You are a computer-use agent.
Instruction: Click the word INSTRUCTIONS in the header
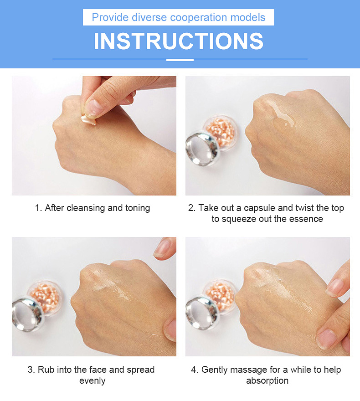tap(179, 41)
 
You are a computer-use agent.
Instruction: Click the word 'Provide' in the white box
tap(110, 17)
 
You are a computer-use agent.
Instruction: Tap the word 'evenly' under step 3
tap(93, 381)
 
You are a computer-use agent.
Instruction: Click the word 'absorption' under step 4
tap(267, 381)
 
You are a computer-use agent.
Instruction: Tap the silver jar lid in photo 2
tap(202, 149)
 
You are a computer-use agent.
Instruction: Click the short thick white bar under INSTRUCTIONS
tap(180, 60)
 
